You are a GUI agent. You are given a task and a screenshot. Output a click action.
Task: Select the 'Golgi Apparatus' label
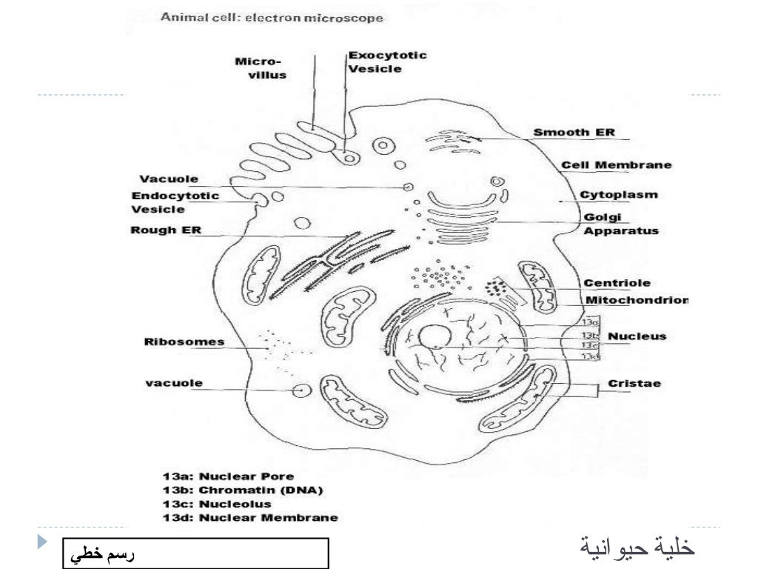[621, 224]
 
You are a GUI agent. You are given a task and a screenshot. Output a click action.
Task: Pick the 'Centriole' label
[617, 283]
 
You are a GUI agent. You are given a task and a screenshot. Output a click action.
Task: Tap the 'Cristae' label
[634, 384]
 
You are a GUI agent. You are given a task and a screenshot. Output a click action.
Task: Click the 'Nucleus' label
[637, 336]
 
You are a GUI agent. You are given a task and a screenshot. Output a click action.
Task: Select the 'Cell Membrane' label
[617, 164]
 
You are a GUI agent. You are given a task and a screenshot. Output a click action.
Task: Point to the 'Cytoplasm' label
[619, 195]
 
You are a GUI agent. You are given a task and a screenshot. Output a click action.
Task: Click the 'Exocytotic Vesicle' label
[387, 62]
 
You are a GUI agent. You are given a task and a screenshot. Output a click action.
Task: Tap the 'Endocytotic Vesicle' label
[175, 202]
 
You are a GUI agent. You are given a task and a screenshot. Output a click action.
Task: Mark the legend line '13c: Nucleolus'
[217, 504]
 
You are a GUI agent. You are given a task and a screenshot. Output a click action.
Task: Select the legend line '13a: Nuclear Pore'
[228, 476]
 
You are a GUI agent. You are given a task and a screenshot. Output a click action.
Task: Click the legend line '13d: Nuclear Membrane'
[250, 518]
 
